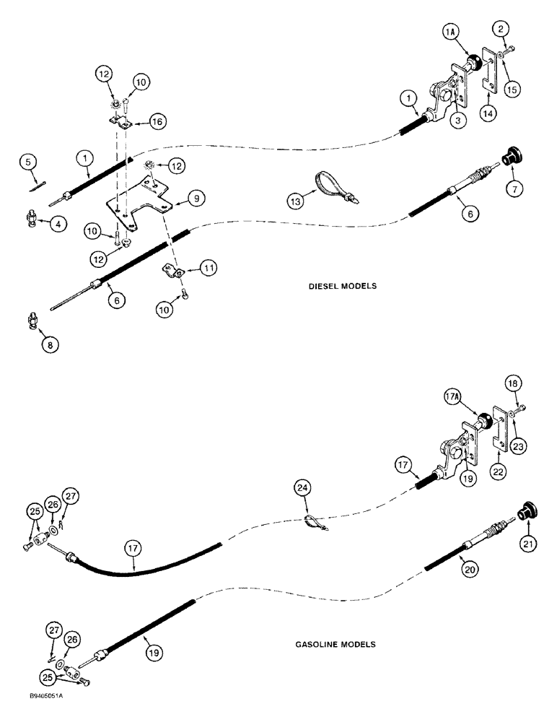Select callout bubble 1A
pyautogui.click(x=449, y=35)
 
